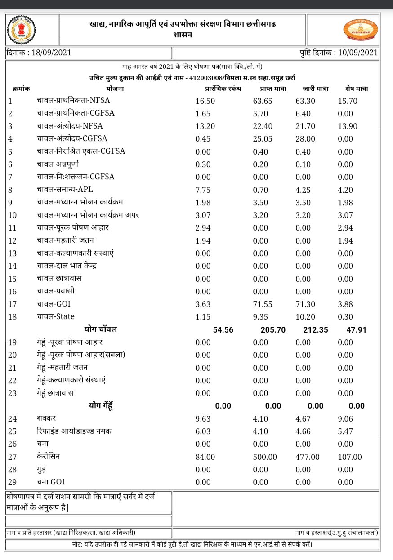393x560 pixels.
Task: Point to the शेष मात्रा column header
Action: tap(357, 89)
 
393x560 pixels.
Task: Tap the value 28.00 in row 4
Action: tap(305, 139)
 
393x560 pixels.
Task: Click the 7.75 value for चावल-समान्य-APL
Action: tap(203, 190)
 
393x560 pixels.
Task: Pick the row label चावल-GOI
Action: tap(54, 304)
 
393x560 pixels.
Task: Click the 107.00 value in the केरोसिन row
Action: tap(349, 457)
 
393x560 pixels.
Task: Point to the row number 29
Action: tap(12, 482)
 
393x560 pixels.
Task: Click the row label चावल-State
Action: tap(56, 316)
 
